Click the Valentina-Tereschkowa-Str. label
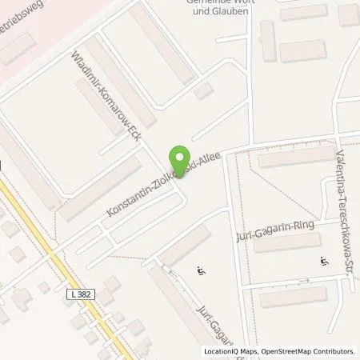[x=348, y=189]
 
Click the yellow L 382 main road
[x=56, y=264]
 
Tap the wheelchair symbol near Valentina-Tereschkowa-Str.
[x=324, y=261]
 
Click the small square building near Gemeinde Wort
[x=204, y=92]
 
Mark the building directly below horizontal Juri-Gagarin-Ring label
[x=287, y=242]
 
